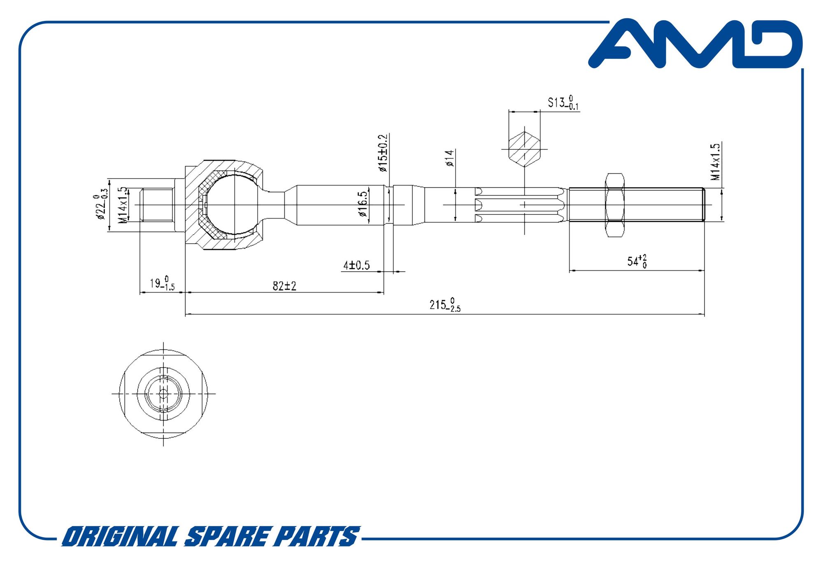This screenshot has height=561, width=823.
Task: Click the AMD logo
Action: (x=695, y=43)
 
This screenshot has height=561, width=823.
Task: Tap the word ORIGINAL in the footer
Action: (x=120, y=536)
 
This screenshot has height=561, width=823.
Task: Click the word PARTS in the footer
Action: (x=317, y=536)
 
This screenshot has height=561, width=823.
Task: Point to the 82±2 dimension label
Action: (x=284, y=286)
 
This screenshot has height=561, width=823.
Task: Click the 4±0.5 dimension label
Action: (x=357, y=265)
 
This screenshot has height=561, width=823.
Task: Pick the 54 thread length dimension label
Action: (x=637, y=261)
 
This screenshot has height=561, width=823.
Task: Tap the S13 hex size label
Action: (x=563, y=102)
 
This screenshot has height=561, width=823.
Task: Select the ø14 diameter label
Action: (x=450, y=158)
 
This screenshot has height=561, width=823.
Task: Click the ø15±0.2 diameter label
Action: (x=383, y=153)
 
